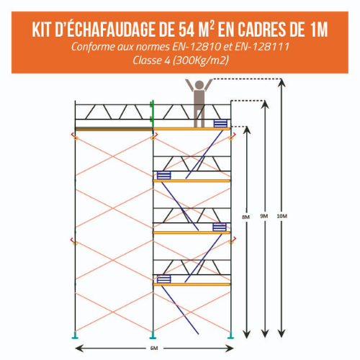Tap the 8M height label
point(246,216)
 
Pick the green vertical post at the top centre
point(152,112)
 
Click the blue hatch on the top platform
point(220,123)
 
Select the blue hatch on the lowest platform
point(164,279)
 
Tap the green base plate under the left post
point(74,334)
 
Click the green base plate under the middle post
point(152,334)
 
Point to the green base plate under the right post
point(230,334)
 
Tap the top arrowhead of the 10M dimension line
point(281,81)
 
